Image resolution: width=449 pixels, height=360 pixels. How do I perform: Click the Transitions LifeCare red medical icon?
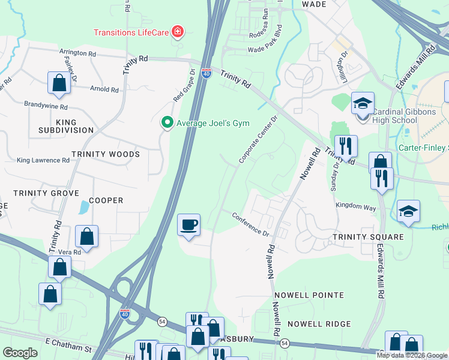[178, 31]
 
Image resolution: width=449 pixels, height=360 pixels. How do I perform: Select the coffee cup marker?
[189, 225]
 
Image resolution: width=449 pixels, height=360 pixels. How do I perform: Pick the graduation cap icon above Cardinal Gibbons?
[363, 103]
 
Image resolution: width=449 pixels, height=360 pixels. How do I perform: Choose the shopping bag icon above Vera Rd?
[87, 236]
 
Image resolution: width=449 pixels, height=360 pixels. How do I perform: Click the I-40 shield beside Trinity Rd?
[206, 73]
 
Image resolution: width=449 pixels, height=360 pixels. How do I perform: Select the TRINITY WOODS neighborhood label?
[105, 154]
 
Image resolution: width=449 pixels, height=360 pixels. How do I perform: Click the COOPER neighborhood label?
[106, 200]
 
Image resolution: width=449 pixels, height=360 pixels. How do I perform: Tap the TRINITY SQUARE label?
[369, 237]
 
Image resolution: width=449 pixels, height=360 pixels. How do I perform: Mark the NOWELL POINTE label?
[309, 295]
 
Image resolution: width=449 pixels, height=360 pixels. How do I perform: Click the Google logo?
[20, 353]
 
